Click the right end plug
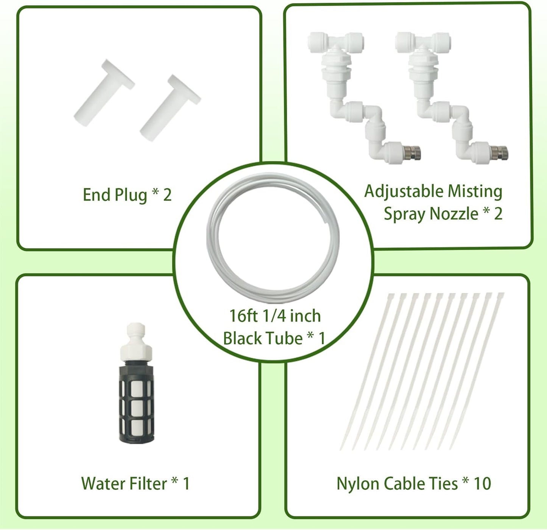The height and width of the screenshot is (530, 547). (x=169, y=108)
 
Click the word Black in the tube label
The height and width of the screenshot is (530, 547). (x=242, y=338)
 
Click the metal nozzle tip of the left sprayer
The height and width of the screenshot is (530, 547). (x=414, y=154)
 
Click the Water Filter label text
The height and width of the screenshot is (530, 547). (x=124, y=483)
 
